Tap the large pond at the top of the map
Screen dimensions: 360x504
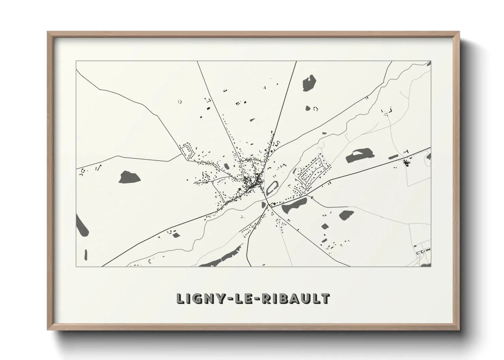(309, 83)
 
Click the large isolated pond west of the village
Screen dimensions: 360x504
(129, 177)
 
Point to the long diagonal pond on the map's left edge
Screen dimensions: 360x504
(82, 225)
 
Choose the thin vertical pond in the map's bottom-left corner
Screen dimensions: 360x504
(85, 254)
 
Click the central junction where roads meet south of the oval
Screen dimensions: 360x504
(269, 205)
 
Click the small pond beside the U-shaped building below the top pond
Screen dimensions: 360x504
(308, 108)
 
